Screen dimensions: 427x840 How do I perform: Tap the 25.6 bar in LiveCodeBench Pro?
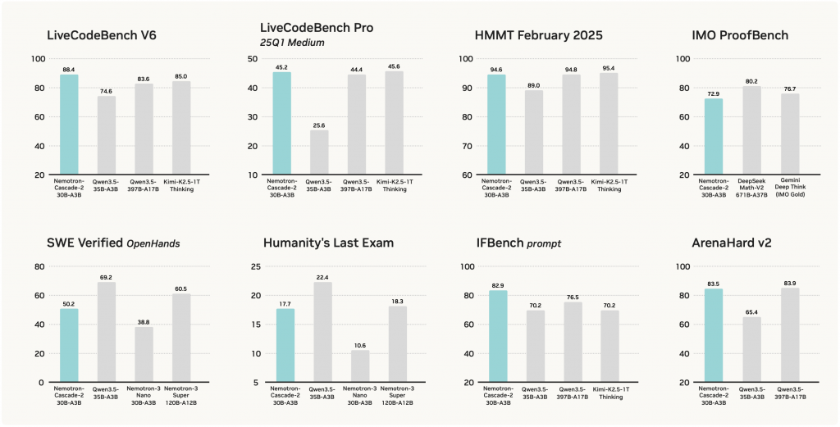(x=320, y=152)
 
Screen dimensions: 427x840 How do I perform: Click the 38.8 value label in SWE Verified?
(x=144, y=320)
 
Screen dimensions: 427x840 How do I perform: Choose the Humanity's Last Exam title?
(x=328, y=243)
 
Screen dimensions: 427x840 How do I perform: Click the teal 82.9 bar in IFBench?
(x=498, y=336)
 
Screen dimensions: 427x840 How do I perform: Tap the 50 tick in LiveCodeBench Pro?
(x=256, y=59)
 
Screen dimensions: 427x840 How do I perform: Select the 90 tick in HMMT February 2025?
(x=466, y=88)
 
